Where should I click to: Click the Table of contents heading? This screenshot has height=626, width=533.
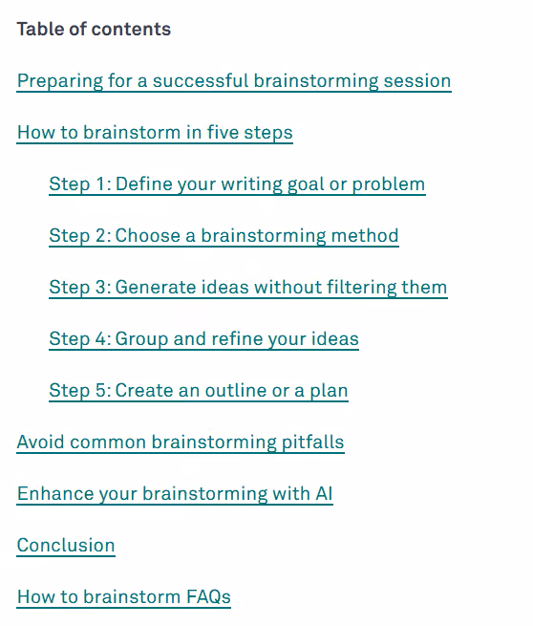(94, 29)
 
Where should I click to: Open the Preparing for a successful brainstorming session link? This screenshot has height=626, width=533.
(234, 81)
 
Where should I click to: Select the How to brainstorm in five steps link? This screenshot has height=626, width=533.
(155, 133)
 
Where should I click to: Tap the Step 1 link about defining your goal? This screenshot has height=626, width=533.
(237, 184)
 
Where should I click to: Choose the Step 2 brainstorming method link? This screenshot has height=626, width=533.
(224, 235)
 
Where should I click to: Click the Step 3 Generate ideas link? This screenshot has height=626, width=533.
(248, 287)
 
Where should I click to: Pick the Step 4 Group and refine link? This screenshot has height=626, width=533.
(203, 339)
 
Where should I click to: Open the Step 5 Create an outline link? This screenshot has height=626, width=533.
(199, 391)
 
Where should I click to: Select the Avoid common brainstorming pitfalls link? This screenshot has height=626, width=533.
(181, 443)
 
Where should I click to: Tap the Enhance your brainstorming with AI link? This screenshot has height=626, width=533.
(175, 494)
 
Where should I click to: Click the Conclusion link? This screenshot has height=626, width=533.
(66, 546)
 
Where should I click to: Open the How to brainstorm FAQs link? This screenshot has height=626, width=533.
(123, 597)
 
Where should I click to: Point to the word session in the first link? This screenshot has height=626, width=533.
(417, 81)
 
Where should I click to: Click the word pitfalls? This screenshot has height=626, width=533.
(313, 443)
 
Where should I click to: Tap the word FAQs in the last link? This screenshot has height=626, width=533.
(208, 597)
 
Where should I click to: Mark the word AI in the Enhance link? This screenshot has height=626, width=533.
(324, 493)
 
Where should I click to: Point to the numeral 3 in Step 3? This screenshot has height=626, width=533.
(100, 287)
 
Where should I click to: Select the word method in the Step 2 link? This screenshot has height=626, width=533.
(365, 235)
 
